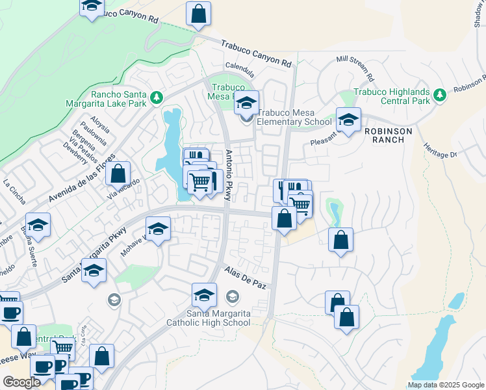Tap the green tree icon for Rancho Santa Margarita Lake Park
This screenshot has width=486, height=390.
157,97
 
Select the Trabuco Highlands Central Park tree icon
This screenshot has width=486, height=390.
440,96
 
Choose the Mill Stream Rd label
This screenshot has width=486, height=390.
355,68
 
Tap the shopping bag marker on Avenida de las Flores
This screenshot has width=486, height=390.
118,174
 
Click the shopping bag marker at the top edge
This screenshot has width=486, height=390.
198,13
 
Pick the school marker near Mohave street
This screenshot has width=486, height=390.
158,229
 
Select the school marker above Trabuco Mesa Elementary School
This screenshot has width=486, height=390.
246,102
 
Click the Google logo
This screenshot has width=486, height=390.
21,382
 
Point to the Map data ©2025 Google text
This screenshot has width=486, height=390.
445,385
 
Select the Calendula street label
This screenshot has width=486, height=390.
239,66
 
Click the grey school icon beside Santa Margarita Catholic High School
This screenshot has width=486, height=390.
232,297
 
